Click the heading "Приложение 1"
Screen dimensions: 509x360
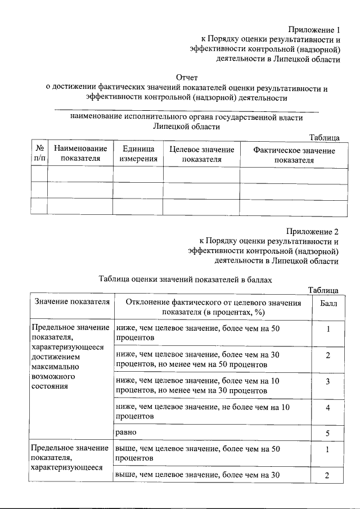coord(314,29)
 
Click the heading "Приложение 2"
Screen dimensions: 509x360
coord(312,231)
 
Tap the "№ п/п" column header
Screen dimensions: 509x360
coord(39,154)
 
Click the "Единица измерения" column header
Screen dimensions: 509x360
coord(138,154)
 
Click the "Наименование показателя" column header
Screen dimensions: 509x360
coord(80,154)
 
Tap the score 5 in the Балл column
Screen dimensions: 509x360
coord(327,433)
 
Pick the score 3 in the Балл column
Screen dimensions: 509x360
coord(327,381)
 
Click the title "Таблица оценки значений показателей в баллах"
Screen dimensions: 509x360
coord(186,278)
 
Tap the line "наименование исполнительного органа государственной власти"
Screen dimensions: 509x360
coord(187,118)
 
